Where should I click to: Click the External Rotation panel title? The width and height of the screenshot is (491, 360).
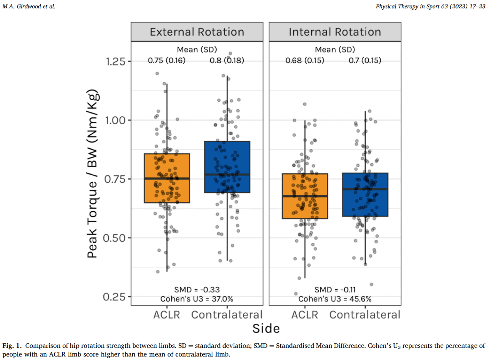pyautogui.click(x=197, y=32)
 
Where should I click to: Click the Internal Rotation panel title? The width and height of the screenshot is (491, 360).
pyautogui.click(x=335, y=32)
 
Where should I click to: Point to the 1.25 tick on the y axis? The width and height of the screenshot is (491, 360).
pyautogui.click(x=116, y=62)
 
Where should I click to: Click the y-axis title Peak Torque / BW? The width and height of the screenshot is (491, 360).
pyautogui.click(x=92, y=174)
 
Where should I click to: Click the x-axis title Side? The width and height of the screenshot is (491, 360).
pyautogui.click(x=266, y=328)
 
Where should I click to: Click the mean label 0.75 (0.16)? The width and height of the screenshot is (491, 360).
pyautogui.click(x=166, y=61)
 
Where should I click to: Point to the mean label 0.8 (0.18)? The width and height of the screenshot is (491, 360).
pyautogui.click(x=227, y=61)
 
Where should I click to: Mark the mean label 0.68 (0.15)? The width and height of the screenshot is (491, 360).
pyautogui.click(x=305, y=61)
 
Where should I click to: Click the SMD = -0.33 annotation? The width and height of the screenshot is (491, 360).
pyautogui.click(x=197, y=290)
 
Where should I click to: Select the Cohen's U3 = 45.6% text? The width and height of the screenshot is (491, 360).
pyautogui.click(x=335, y=299)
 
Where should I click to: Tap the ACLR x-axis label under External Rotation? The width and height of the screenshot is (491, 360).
pyautogui.click(x=166, y=315)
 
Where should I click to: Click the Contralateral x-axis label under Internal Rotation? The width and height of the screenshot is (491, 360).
pyautogui.click(x=365, y=315)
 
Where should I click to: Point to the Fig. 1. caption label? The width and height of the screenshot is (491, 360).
pyautogui.click(x=12, y=346)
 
